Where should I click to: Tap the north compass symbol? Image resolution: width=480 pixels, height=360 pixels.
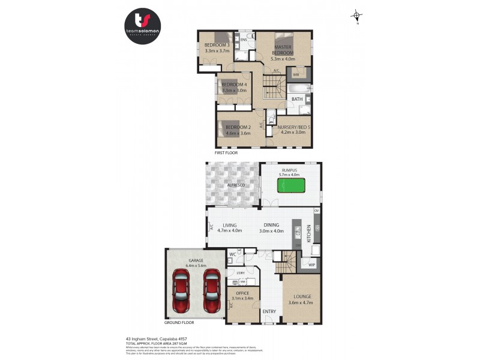click(357, 16)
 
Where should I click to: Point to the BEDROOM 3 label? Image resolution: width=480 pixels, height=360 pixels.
click(217, 45)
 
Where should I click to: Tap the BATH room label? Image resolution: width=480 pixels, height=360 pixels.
click(297, 99)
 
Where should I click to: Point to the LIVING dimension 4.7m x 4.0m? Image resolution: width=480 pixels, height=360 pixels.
click(229, 230)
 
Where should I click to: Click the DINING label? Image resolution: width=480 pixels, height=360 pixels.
click(271, 225)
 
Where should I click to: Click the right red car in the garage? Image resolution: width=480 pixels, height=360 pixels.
click(211, 290)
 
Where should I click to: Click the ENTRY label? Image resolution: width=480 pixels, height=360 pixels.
click(269, 311)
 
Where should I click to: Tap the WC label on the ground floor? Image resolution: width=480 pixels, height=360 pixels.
click(233, 255)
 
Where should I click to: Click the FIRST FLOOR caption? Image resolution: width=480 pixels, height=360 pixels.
click(226, 152)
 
